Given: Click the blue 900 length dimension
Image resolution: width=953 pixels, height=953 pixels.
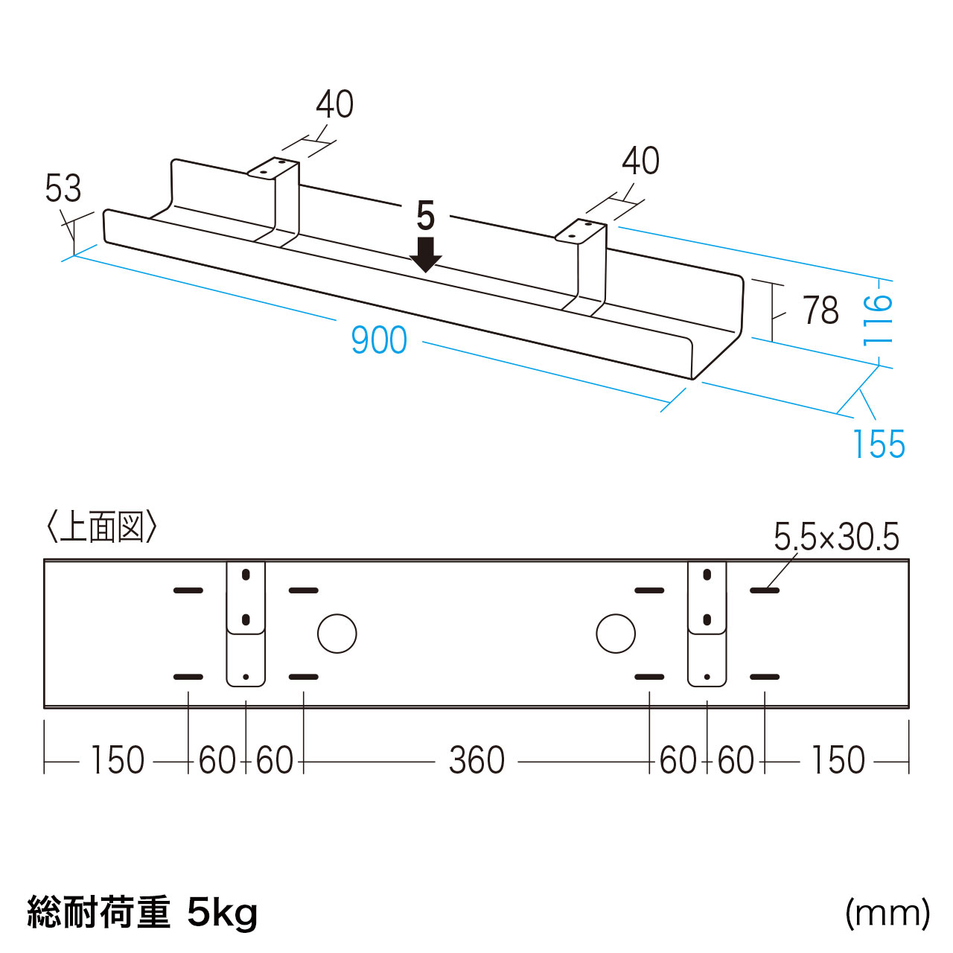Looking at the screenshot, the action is tap(379, 340).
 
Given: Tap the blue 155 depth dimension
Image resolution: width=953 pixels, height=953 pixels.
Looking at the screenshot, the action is tap(879, 444).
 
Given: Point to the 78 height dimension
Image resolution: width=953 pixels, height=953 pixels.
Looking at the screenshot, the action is tap(820, 310).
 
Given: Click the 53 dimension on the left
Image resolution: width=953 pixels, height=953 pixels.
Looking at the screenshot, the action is tap(63, 188).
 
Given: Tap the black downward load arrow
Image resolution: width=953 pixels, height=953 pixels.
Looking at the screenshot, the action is tap(425, 255).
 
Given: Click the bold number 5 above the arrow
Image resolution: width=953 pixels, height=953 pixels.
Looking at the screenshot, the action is tap(425, 216).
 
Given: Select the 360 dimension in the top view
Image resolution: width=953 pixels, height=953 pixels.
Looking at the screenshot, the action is tap(476, 760).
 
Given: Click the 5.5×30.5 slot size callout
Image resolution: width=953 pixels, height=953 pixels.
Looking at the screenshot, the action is tap(836, 538).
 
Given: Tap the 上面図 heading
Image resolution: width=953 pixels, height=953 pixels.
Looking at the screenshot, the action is tap(102, 527).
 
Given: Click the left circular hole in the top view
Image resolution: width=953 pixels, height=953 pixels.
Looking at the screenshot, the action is tap(337, 634).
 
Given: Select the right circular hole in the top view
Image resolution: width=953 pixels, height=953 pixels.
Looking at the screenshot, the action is tap(615, 634).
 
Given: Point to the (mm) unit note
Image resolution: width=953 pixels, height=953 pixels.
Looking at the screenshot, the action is tap(887, 914).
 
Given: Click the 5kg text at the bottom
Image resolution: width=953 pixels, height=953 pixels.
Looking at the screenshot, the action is tap(223, 914).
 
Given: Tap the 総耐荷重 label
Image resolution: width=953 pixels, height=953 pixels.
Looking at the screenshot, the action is tap(98, 913).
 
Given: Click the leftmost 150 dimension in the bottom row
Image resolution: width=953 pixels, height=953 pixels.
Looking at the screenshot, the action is tap(117, 760).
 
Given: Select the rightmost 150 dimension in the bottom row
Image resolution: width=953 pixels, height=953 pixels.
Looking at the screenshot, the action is tap(838, 760).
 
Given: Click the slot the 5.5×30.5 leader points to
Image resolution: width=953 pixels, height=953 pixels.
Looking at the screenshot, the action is tap(765, 590).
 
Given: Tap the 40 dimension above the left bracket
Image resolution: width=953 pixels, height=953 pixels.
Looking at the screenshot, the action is tap(334, 104).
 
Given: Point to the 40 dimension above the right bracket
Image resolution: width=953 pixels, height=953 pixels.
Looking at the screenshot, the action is tap(640, 161).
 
